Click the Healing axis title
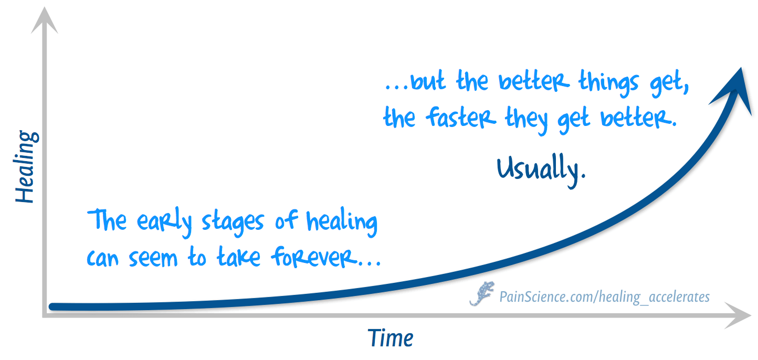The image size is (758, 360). coord(26,166)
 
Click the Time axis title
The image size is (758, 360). coord(390,337)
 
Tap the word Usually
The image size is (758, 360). coord(541,169)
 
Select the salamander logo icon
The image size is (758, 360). coord(482,293)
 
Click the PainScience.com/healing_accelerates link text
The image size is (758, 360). coord(604,297)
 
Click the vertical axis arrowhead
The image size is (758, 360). coord(44,20)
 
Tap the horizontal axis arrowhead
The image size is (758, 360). coord(738,315)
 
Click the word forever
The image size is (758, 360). coord(314,257)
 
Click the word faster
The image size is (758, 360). coord(460,117)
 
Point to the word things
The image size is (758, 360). coord(608,82)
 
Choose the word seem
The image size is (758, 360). coord(153,259)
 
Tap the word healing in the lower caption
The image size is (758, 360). coord(342,222)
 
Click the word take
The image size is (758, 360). coord(238,257)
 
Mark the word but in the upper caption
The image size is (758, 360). coord(428,80)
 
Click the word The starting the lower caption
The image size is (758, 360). coord(107,220)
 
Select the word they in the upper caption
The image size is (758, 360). coord(526,120)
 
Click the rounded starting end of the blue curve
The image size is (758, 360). coord(52,306)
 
